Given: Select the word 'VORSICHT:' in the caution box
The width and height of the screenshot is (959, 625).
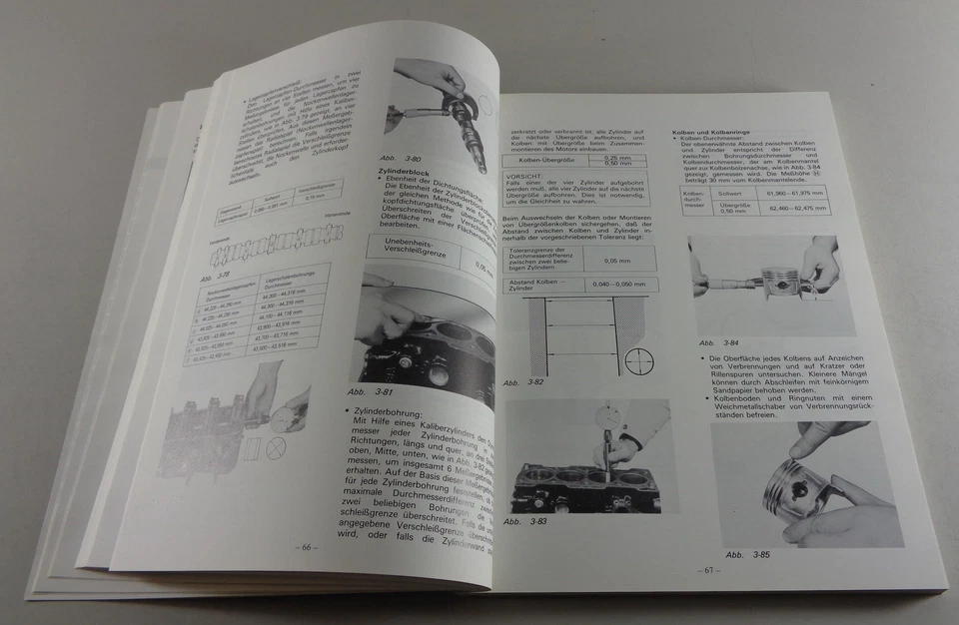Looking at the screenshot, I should coord(526,174).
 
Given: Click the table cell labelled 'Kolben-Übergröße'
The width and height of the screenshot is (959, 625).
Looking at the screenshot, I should coord(544,158).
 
